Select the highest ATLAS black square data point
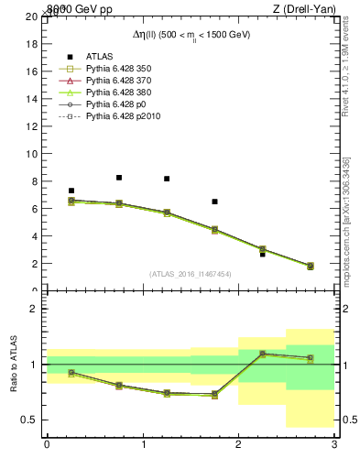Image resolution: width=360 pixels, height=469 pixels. (119, 178)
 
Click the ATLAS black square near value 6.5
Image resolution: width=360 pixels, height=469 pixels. (214, 202)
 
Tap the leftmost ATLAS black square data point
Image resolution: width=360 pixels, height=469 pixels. (71, 191)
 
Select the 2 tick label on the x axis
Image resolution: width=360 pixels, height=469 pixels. (238, 444)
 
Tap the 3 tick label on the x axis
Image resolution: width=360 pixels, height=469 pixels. (333, 444)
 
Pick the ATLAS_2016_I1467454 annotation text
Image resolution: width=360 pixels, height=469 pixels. (190, 274)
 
